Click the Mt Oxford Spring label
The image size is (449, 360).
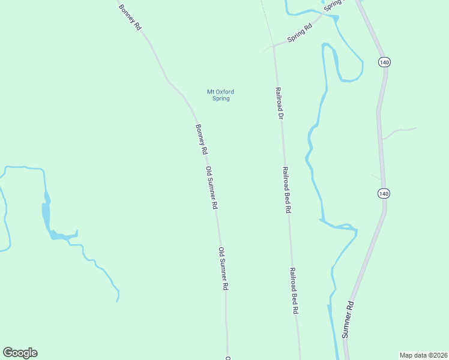[221, 95]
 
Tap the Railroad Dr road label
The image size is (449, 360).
[279, 103]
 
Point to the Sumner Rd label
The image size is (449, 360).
[348, 320]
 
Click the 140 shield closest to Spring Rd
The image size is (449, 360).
[384, 62]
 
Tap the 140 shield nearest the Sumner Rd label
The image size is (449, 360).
[384, 193]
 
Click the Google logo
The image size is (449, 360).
[20, 353]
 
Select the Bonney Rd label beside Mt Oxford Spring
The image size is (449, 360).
[201, 140]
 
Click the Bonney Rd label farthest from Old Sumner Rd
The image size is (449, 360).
[130, 17]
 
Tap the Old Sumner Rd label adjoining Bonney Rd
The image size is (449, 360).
[211, 188]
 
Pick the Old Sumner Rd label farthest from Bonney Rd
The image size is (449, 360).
[223, 269]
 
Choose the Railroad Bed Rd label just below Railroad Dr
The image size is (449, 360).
[287, 190]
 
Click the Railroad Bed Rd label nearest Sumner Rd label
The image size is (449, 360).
[294, 291]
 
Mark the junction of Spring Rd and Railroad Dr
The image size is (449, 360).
[274, 46]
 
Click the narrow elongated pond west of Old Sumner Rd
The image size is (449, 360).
[46, 210]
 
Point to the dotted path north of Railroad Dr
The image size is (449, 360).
[264, 18]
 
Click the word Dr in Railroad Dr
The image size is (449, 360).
[280, 113]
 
